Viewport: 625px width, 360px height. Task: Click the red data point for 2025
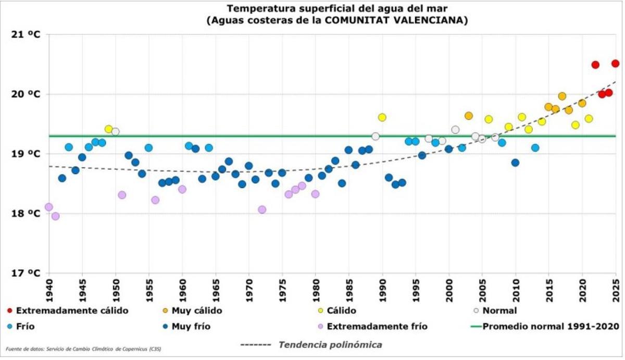pyautogui.click(x=615, y=64)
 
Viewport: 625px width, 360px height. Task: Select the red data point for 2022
pyautogui.click(x=595, y=65)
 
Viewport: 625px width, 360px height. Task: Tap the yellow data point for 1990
pyautogui.click(x=382, y=117)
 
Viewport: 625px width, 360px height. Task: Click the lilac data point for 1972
pyautogui.click(x=262, y=209)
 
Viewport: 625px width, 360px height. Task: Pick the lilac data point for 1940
pyautogui.click(x=49, y=207)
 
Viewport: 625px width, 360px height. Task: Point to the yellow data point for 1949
pyautogui.click(x=109, y=129)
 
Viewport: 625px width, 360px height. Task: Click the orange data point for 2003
pyautogui.click(x=469, y=116)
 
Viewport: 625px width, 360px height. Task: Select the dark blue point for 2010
pyautogui.click(x=515, y=163)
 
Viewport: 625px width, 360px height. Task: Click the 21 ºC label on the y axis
pyautogui.click(x=26, y=34)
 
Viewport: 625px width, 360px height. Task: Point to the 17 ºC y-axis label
pyautogui.click(x=26, y=273)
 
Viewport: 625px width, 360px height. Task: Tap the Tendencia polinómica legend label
pyautogui.click(x=330, y=344)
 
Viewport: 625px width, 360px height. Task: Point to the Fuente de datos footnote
pyautogui.click(x=83, y=349)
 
